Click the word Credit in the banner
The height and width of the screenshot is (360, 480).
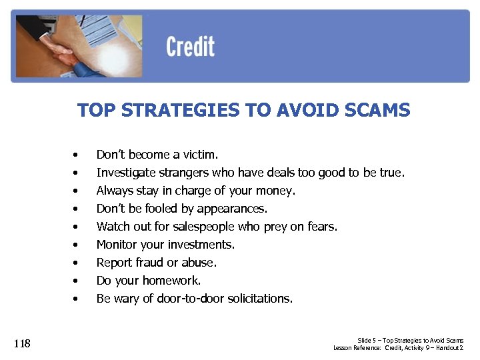pyautogui.click(x=190, y=47)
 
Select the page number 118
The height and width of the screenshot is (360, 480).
pyautogui.click(x=22, y=343)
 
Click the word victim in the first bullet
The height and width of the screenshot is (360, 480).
pyautogui.click(x=199, y=155)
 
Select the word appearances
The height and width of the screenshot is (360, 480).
pyautogui.click(x=231, y=209)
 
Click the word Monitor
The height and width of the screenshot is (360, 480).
pyautogui.click(x=117, y=245)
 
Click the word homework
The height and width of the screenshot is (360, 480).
pyautogui.click(x=173, y=281)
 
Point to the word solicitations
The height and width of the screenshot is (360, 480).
pyautogui.click(x=258, y=299)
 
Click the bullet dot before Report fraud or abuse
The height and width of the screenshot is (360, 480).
pyautogui.click(x=77, y=263)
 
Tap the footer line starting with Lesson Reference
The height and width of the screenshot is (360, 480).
pyautogui.click(x=398, y=348)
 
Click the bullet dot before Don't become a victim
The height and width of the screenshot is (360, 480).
pyautogui.click(x=77, y=155)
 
